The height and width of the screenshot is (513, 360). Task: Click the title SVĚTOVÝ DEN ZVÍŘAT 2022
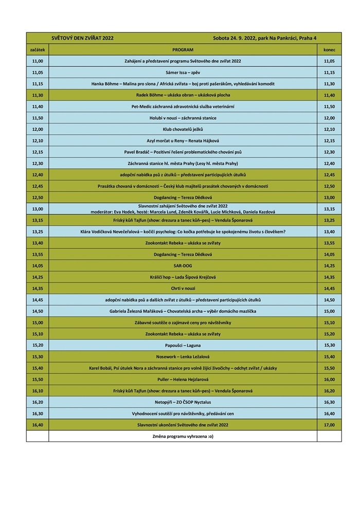click(83, 38)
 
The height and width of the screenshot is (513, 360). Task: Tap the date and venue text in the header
click(264, 38)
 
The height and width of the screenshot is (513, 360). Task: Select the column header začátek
click(38, 49)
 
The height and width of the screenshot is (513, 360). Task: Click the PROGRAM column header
click(183, 49)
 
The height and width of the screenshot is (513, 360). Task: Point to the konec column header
click(329, 49)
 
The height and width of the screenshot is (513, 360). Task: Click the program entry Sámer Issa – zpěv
click(183, 73)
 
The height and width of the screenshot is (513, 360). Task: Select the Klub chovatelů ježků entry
click(183, 129)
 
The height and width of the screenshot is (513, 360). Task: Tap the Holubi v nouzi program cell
click(183, 118)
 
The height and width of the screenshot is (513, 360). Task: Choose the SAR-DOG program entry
click(183, 266)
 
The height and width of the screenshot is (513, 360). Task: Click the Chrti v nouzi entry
click(183, 288)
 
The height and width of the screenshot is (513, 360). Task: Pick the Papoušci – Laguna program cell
click(183, 345)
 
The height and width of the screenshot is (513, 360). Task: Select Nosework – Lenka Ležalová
click(183, 357)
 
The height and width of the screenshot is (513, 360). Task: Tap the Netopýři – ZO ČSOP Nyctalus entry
click(183, 402)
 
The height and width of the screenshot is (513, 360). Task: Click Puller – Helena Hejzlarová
click(183, 379)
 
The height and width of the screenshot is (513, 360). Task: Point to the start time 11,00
click(38, 61)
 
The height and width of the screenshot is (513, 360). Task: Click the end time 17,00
click(329, 425)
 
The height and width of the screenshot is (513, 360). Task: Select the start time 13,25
click(38, 232)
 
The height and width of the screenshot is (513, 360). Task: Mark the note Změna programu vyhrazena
click(183, 436)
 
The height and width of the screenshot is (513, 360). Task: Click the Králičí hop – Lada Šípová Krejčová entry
click(183, 277)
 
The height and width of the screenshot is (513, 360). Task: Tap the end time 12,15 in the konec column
click(329, 140)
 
